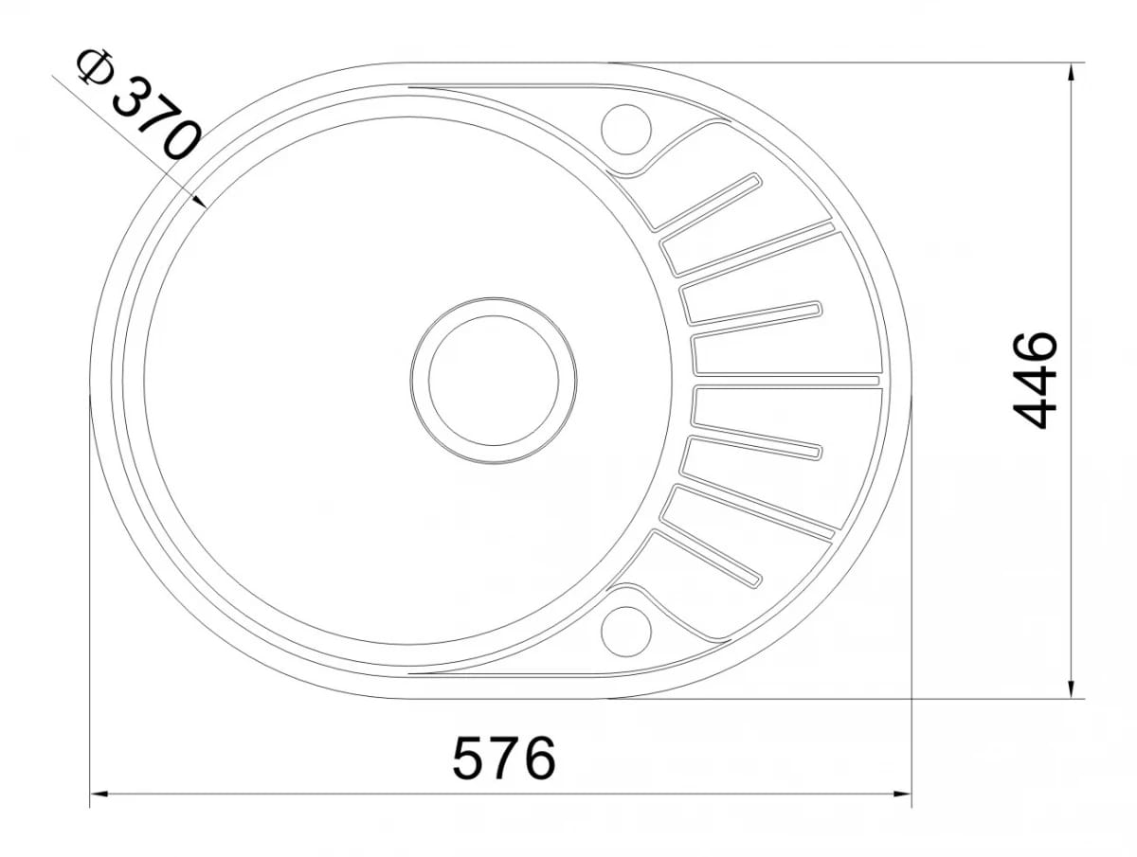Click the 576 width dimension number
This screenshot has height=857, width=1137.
[503, 757]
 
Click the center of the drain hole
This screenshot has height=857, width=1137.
[493, 381]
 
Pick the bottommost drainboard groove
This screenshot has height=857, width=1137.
[706, 558]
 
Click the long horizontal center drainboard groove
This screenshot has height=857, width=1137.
[786, 381]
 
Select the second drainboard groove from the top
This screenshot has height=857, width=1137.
[749, 250]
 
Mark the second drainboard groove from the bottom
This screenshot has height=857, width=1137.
[749, 511]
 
